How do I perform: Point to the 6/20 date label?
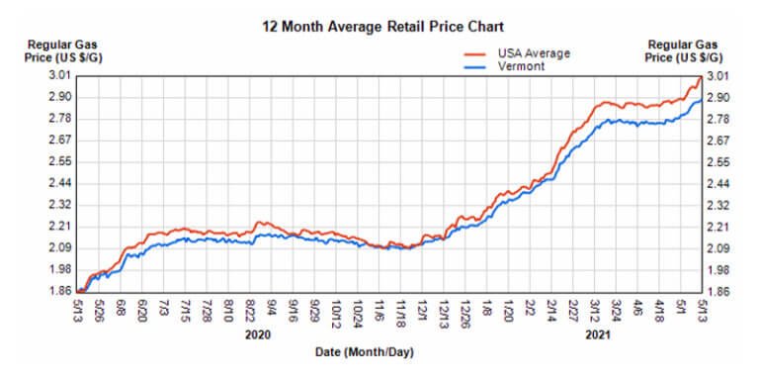pos(143,311)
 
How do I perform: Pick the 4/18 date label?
pos(658,311)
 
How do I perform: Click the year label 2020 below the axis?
pos(257,336)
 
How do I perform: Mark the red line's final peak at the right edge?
pos(700,76)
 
